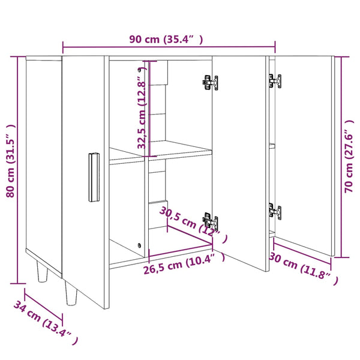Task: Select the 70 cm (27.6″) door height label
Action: (349, 154)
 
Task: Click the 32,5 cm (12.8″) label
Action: (142, 108)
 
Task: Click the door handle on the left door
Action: (93, 178)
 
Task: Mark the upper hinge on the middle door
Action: (210, 83)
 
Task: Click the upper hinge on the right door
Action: (274, 80)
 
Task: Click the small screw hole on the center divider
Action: (140, 245)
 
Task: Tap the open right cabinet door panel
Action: (303, 156)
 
